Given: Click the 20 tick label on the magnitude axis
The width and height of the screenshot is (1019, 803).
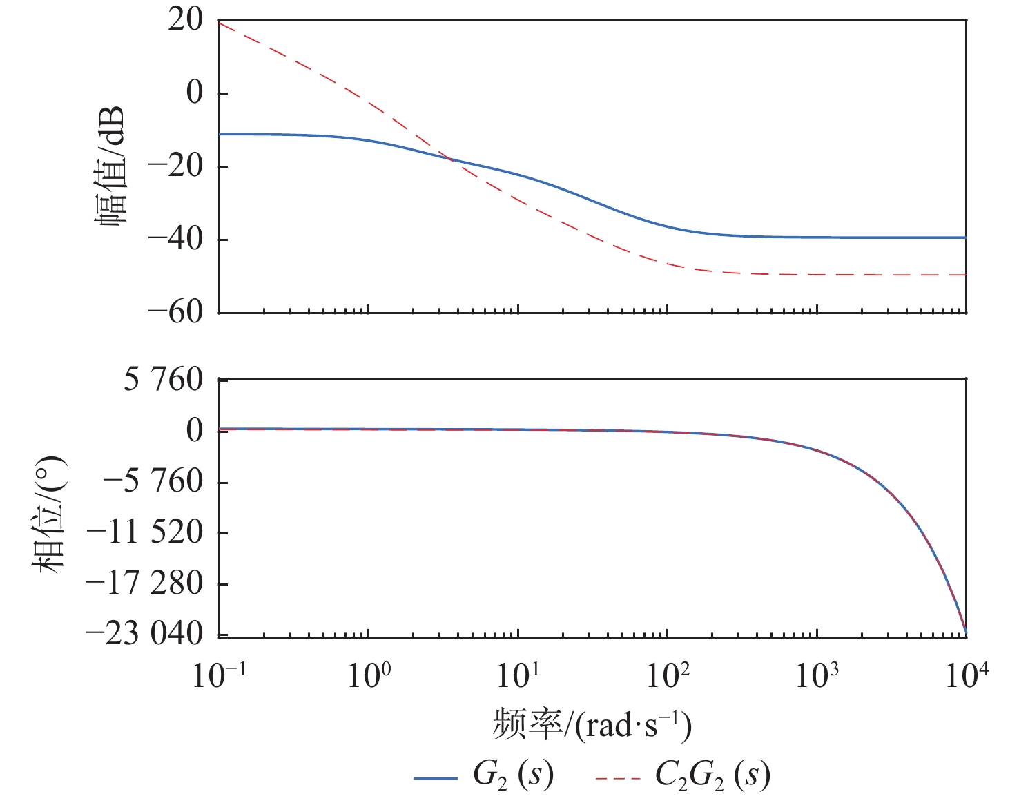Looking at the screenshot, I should pos(186,20).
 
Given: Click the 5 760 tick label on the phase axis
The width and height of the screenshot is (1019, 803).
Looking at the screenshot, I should pos(164,379).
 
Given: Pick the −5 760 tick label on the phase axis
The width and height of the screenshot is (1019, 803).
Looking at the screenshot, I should pos(153,481).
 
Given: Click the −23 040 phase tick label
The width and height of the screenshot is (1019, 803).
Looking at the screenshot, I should pos(144,634).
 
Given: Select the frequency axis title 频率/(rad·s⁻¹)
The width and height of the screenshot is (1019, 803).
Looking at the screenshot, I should pos(592,725).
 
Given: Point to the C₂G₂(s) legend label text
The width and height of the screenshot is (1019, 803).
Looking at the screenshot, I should pos(712,775).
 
